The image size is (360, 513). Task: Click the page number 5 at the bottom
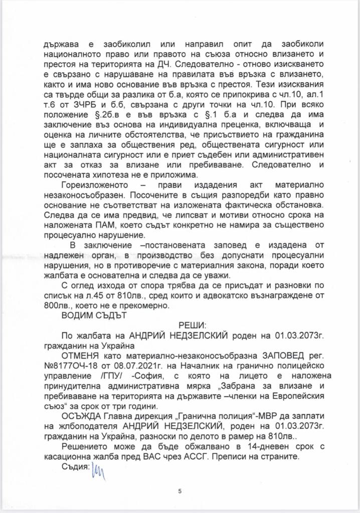179,492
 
